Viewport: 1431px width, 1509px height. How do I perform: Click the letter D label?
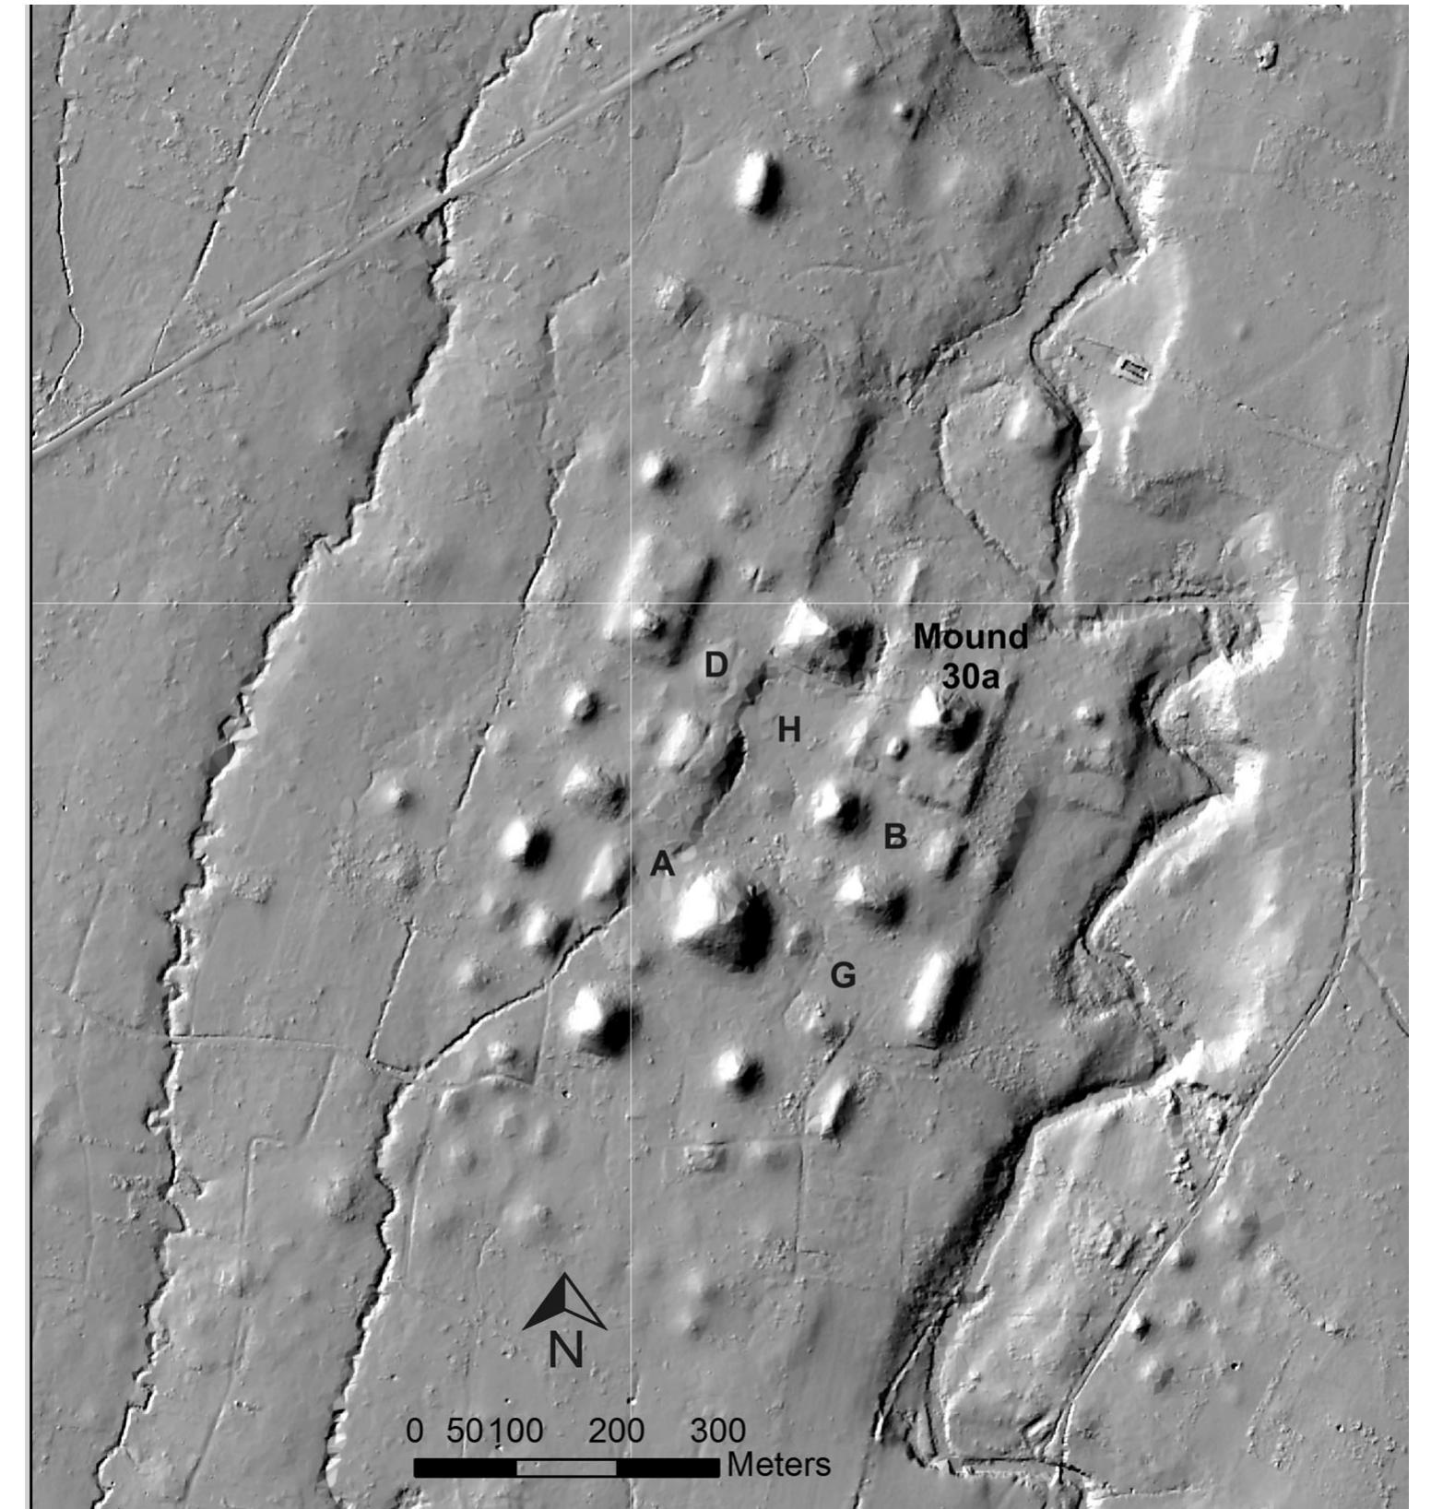[715, 665]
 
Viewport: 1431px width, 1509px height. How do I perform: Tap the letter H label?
[788, 730]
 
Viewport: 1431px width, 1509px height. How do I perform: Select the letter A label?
[662, 864]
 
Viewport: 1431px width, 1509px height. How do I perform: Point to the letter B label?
[894, 836]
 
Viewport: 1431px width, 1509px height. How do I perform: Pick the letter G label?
[843, 974]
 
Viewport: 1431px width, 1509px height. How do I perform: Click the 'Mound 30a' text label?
[970, 656]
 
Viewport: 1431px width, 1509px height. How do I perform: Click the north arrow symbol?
[564, 1303]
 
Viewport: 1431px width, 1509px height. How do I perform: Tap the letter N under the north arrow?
[566, 1351]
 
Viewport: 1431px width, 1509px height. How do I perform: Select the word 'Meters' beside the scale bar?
[778, 1465]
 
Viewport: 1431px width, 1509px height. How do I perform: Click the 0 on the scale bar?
[415, 1431]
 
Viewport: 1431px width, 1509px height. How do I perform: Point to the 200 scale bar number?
[616, 1431]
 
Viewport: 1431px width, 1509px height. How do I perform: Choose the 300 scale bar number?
[717, 1431]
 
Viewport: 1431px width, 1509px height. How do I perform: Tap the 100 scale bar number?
[515, 1431]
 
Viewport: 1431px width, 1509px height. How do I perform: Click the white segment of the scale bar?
[566, 1468]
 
